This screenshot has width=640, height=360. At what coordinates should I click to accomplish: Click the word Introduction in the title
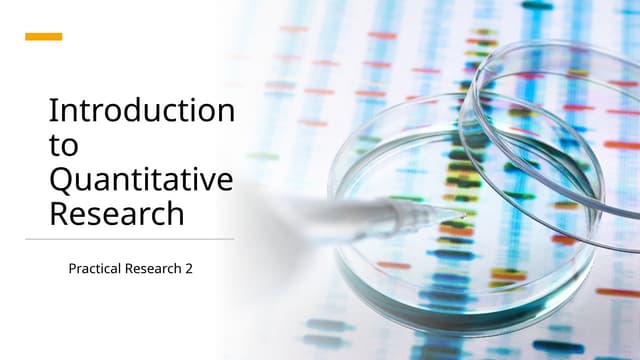point(141,111)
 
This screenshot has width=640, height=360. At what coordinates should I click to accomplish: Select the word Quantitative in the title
point(140,181)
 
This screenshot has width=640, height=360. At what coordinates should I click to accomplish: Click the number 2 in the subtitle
point(189,269)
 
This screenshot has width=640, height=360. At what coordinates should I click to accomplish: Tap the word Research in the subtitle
point(156,269)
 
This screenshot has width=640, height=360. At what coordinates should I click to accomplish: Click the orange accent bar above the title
point(43,37)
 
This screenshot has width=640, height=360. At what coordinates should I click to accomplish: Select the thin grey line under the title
point(130,239)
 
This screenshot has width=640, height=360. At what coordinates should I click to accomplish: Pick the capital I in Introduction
point(53,111)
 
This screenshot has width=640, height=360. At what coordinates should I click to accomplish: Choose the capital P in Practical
point(72,269)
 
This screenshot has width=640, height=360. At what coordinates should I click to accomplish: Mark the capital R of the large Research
point(60,214)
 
